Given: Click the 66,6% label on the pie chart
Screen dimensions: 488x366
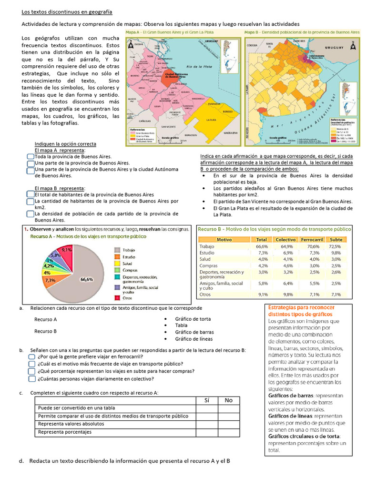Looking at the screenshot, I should tap(87, 280).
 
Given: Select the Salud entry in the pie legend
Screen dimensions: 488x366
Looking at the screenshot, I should tap(127, 263).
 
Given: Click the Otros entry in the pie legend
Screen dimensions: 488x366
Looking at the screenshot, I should tap(127, 298).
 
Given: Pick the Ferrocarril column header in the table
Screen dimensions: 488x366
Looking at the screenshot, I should tap(313, 239).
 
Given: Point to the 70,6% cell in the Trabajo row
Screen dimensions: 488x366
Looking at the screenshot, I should tap(314, 246).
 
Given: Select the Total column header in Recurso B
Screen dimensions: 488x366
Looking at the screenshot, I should tap(261, 239).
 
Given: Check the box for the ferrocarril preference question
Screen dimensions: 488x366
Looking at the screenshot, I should tap(31, 356).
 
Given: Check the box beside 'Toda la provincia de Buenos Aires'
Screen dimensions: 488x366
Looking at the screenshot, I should tap(30, 156).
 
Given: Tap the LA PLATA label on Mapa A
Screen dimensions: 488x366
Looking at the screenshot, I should tap(213, 121).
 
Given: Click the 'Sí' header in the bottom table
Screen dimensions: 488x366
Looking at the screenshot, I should tap(207, 400).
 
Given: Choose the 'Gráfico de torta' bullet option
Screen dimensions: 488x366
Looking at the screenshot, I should tap(194, 319).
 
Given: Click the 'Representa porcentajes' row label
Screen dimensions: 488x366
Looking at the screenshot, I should tap(65, 432).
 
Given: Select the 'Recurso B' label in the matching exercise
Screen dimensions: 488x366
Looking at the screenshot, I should tap(45, 331).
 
